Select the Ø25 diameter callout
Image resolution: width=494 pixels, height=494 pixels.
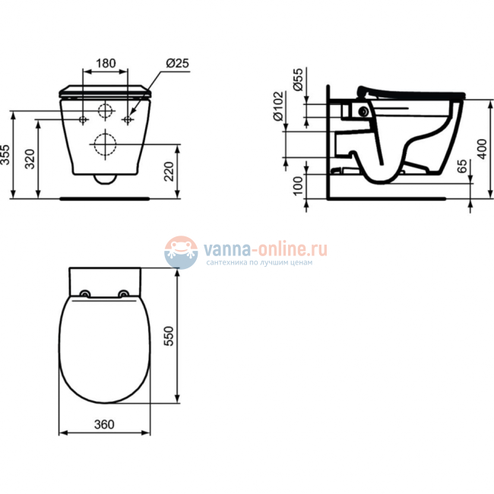pos(176,62)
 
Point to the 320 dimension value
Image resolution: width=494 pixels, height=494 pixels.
pos(28,159)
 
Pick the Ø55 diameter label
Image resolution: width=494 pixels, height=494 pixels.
pos(298,79)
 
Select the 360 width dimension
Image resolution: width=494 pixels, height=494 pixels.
pos(105,425)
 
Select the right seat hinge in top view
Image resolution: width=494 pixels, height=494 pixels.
pos(124,294)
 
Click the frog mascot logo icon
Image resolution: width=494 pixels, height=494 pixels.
pos(182,252)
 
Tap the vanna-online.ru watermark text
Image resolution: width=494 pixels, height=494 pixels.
pos(264,248)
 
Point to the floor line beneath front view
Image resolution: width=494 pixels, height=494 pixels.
pos(105,198)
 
